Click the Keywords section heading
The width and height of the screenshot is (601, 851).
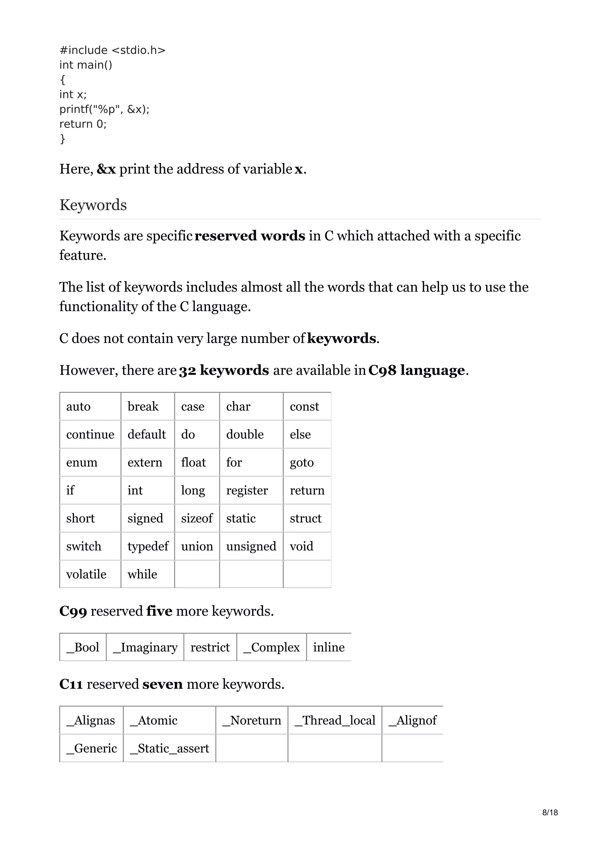tap(93, 205)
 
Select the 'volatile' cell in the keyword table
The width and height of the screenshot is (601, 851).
tap(86, 574)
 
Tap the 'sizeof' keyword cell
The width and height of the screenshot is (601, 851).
tap(197, 518)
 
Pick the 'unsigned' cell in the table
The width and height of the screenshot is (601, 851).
tap(251, 546)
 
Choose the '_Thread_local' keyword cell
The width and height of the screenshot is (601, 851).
tap(335, 720)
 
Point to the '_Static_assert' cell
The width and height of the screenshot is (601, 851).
tap(170, 748)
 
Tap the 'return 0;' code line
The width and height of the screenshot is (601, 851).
tap(83, 124)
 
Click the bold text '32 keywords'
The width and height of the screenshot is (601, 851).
tap(224, 370)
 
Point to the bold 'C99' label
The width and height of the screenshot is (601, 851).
tap(73, 611)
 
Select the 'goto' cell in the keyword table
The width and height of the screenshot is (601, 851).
tap(302, 462)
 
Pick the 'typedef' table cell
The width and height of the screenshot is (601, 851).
tap(148, 546)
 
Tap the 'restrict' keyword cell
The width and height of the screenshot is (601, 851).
tap(210, 647)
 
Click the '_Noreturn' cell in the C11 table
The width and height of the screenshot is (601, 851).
tap(252, 720)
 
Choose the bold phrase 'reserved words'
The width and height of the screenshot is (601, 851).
tap(249, 236)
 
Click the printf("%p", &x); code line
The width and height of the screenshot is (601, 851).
tap(104, 109)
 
